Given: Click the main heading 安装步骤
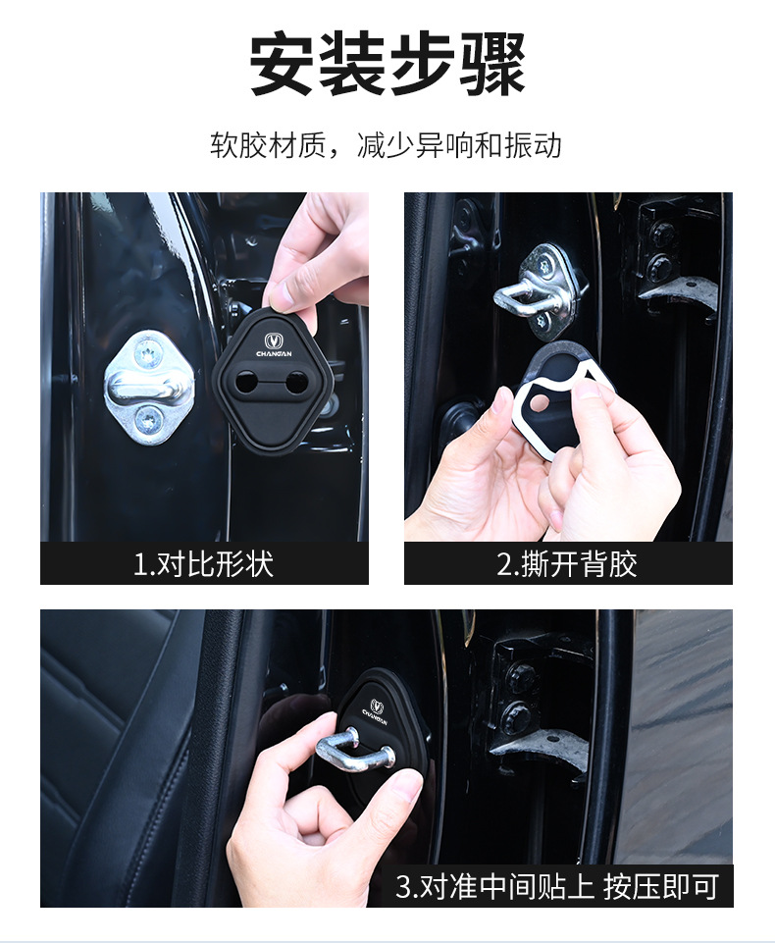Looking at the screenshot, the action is tap(387, 65).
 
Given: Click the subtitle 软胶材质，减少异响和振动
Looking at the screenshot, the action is tap(386, 145).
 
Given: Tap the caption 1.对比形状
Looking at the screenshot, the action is tap(203, 564).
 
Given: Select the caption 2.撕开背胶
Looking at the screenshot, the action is tap(567, 564).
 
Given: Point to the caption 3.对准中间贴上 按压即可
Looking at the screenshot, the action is tap(557, 886).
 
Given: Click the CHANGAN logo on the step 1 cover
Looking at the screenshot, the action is tap(274, 345).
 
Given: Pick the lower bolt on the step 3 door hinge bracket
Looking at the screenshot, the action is tap(517, 715).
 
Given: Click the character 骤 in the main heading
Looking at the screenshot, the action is tap(493, 65).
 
